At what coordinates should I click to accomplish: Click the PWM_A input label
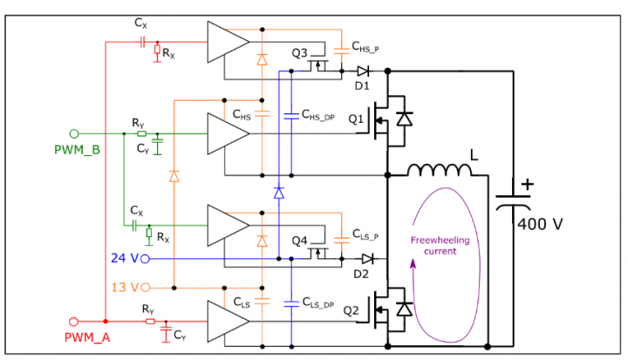tap(85, 336)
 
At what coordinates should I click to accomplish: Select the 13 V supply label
tap(126, 287)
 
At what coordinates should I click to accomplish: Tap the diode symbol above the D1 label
tap(363, 71)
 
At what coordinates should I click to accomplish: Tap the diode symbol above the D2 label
tap(368, 259)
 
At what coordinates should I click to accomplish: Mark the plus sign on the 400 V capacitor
tap(525, 185)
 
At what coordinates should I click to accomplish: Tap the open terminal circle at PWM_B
tap(74, 133)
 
